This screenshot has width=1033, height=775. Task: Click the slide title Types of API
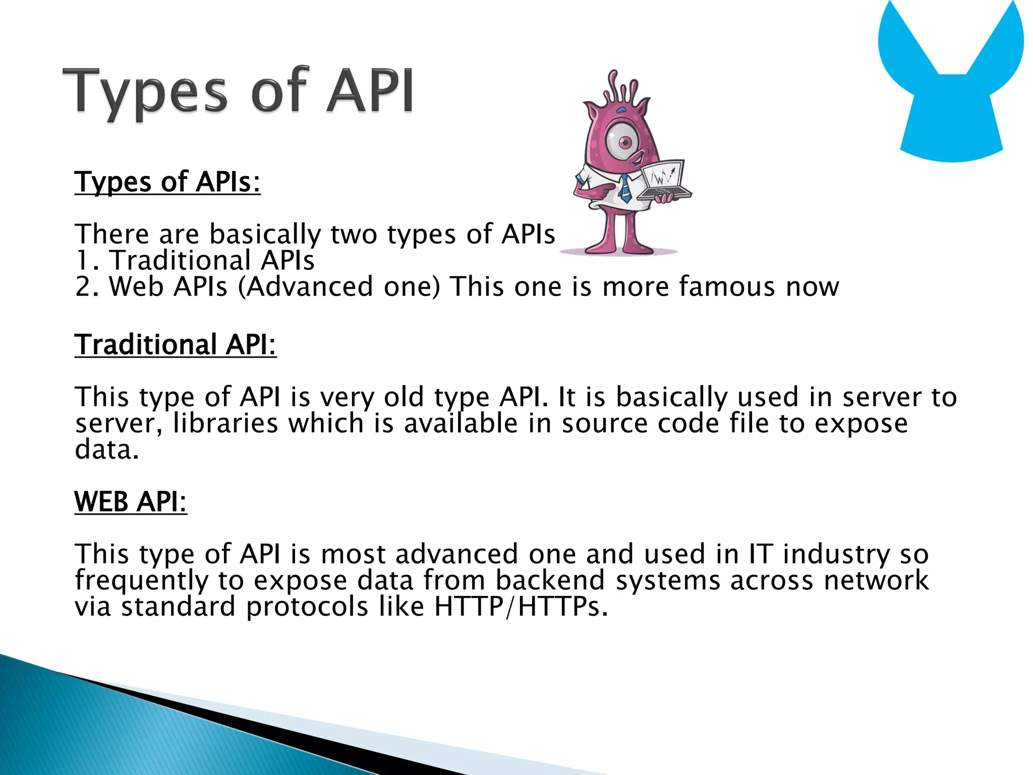pos(238,92)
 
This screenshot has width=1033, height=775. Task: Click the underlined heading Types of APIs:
pos(167,182)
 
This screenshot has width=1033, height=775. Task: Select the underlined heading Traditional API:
pos(176,345)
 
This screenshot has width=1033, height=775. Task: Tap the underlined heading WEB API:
pos(131,502)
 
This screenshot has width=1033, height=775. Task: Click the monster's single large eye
pos(624,142)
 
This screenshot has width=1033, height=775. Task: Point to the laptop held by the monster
pos(663,181)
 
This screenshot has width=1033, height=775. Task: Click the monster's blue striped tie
pos(625,188)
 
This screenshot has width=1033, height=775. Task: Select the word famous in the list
pos(726,287)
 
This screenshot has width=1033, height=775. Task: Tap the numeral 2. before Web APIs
pos(87,287)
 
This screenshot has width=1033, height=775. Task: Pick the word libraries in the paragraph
pos(225,423)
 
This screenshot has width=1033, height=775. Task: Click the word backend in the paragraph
pos(550,580)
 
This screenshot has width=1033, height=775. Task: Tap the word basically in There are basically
pos(265,235)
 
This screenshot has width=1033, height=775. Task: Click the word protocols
pos(307,606)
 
